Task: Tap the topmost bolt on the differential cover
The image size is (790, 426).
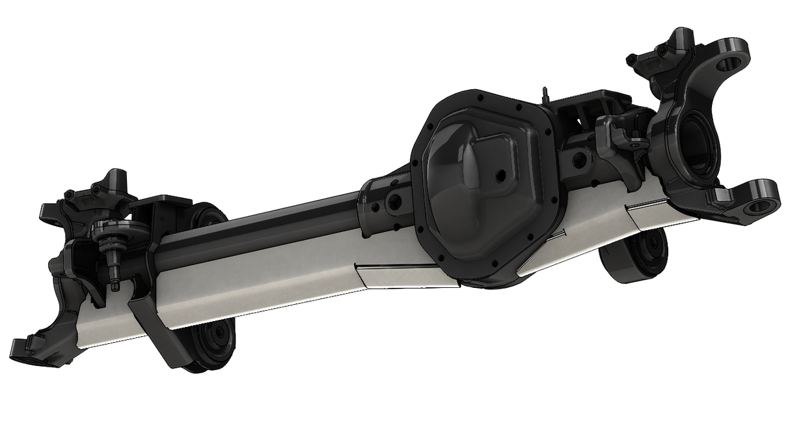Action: [480, 96]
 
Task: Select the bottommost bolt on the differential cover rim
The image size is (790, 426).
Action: [496, 263]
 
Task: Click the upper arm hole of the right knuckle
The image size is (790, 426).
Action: [729, 63]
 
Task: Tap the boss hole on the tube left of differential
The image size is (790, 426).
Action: [394, 201]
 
